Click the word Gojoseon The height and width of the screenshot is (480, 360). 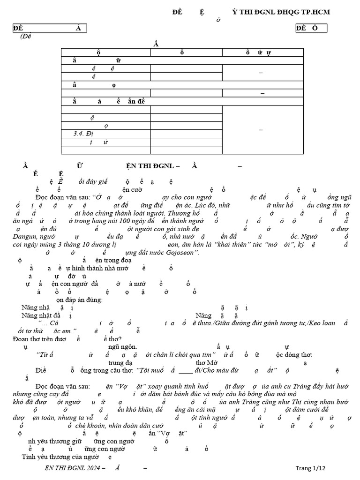[x=182, y=253]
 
